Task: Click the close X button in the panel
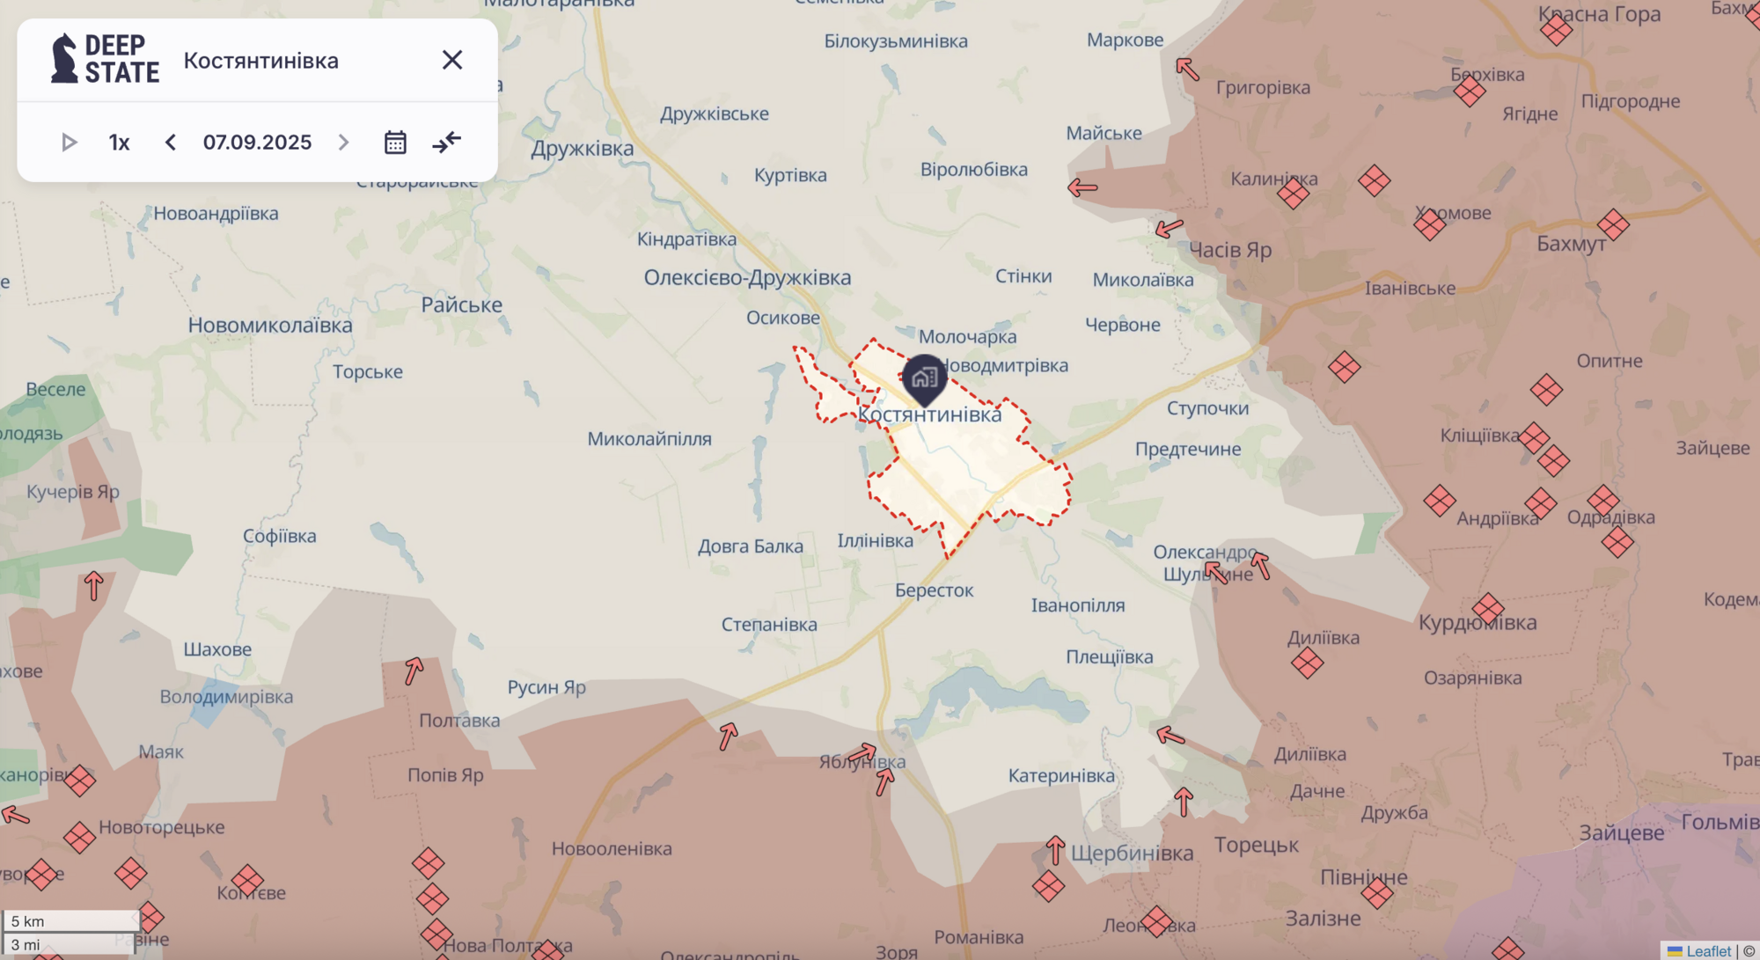(452, 60)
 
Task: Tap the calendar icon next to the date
(395, 143)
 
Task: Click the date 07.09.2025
(257, 143)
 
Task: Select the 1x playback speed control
(119, 143)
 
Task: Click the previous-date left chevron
(171, 143)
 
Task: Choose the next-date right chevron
(343, 143)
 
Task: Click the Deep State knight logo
(64, 59)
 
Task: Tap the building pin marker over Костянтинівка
(924, 378)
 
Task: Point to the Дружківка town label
(582, 148)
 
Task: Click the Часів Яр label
(1230, 250)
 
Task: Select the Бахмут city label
(1571, 244)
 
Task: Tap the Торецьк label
(1256, 846)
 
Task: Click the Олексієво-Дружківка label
(747, 278)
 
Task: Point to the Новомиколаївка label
(269, 326)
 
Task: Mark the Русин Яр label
(546, 687)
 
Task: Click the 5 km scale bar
(70, 920)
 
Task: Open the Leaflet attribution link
(1707, 951)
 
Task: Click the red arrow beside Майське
(1082, 187)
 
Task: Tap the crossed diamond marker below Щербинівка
(1048, 886)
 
